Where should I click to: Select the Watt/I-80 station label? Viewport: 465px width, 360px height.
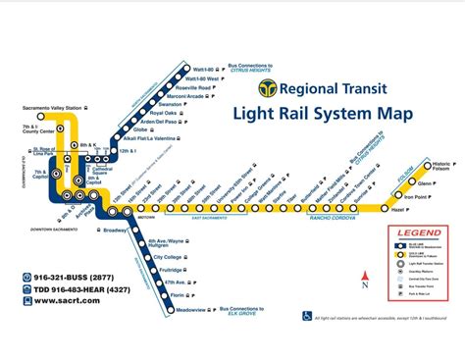pos(208,69)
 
